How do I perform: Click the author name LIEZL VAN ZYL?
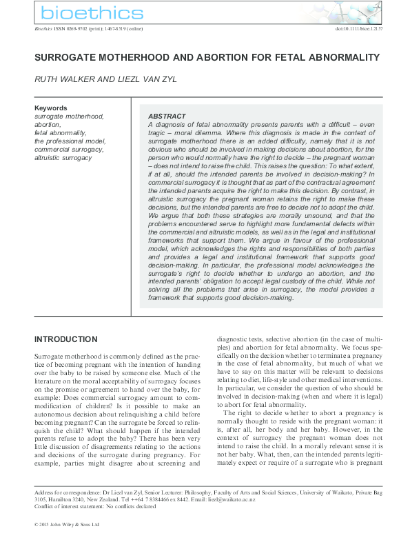[x=153, y=80]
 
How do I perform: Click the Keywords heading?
[x=51, y=108]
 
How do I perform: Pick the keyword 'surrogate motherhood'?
[x=69, y=117]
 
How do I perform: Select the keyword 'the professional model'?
[x=70, y=141]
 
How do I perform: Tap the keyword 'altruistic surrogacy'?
[x=63, y=157]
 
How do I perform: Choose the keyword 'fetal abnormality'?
[x=61, y=132]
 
